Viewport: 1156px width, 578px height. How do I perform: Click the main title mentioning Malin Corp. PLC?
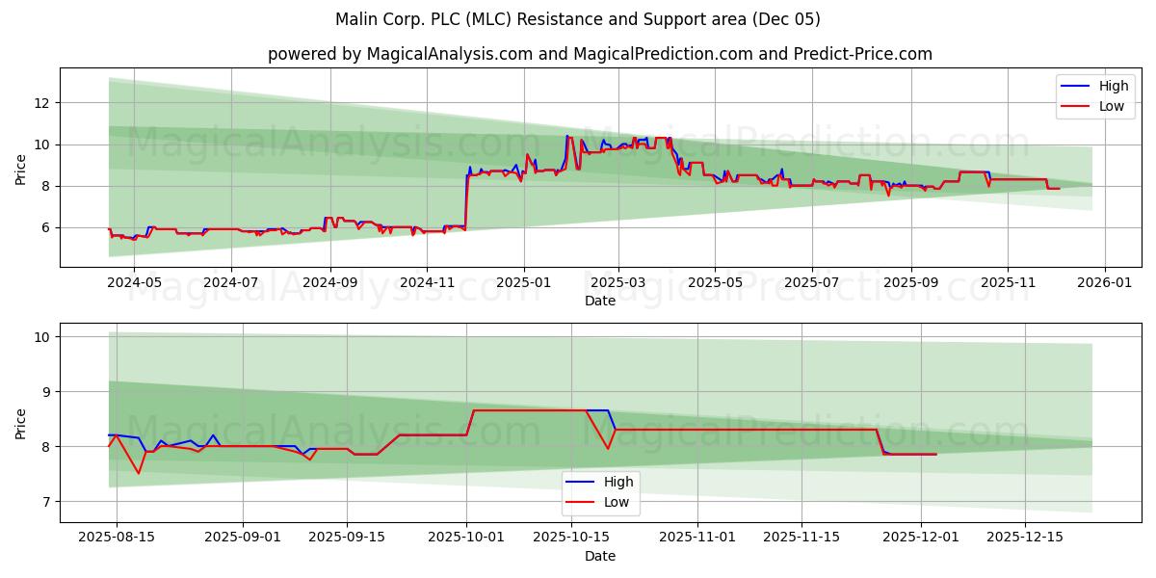pyautogui.click(x=578, y=19)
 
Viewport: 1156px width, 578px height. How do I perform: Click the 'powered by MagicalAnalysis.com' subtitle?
pyautogui.click(x=599, y=54)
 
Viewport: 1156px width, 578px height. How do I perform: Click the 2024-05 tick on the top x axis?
pyautogui.click(x=133, y=282)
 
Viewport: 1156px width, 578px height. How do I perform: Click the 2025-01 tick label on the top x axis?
pyautogui.click(x=524, y=282)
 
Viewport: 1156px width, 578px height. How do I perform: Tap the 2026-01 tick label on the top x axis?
pyautogui.click(x=1104, y=282)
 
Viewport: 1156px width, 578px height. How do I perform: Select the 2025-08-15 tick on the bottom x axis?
pyautogui.click(x=117, y=538)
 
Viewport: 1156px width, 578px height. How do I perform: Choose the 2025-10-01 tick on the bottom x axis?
pyautogui.click(x=467, y=538)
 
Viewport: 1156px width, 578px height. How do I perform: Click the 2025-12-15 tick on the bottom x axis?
pyautogui.click(x=1025, y=538)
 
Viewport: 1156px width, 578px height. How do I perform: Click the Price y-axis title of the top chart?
pyautogui.click(x=21, y=168)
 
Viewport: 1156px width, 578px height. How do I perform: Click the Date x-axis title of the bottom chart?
pyautogui.click(x=599, y=556)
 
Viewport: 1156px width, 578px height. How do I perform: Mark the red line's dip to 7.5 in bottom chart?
pyautogui.click(x=139, y=473)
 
